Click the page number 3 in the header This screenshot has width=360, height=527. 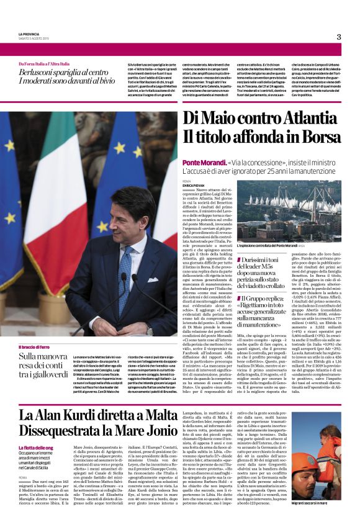coord(339,37)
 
